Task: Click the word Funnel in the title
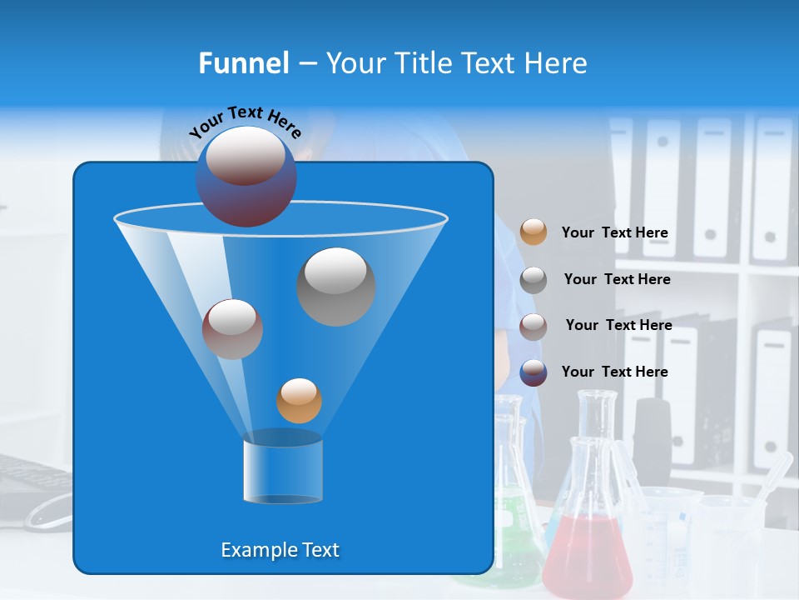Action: click(x=244, y=63)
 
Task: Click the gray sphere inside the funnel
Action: click(x=336, y=286)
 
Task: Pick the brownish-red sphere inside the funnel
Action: click(x=232, y=329)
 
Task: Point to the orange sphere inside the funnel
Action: click(x=299, y=401)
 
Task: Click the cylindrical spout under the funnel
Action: click(x=283, y=471)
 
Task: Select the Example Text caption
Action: click(x=280, y=550)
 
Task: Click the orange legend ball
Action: click(x=533, y=232)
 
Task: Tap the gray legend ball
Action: click(x=533, y=279)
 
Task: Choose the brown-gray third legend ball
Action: click(x=533, y=326)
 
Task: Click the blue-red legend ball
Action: click(x=533, y=372)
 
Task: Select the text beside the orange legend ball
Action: click(x=614, y=232)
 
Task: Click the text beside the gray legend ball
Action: click(x=617, y=279)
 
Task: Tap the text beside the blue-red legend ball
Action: click(x=614, y=372)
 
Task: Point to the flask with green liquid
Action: click(x=516, y=517)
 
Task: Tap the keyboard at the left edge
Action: click(x=33, y=475)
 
